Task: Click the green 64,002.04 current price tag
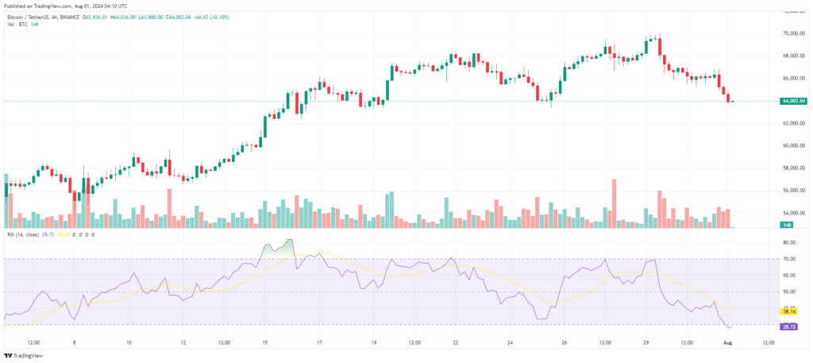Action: [794, 102]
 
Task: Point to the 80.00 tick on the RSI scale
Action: [789, 242]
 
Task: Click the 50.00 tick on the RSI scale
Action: [789, 292]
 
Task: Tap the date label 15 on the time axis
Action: [265, 343]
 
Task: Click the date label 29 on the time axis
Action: [646, 343]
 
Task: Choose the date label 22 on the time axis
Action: [455, 343]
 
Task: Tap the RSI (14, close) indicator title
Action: [24, 235]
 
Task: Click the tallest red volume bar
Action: [614, 203]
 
